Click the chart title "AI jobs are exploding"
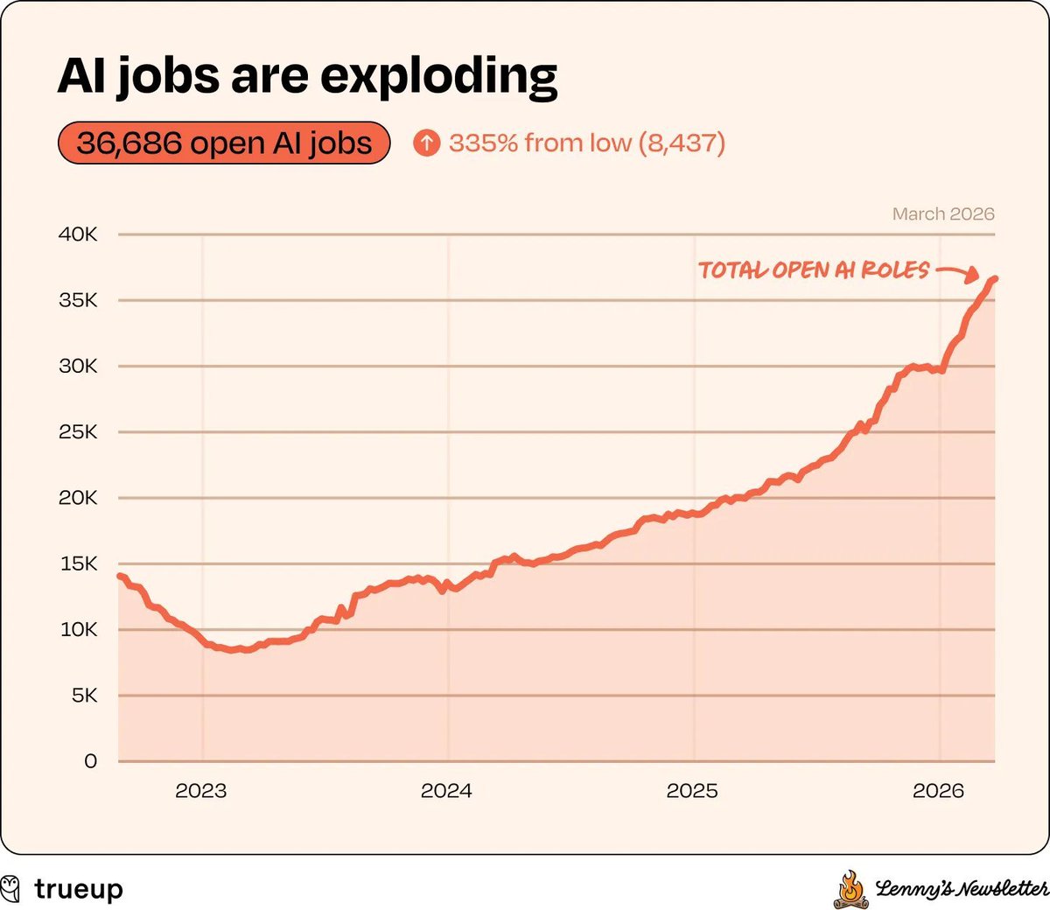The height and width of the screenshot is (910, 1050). pyautogui.click(x=307, y=76)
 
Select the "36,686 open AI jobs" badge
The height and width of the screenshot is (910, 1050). pyautogui.click(x=224, y=143)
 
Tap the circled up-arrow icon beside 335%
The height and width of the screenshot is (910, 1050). pyautogui.click(x=426, y=143)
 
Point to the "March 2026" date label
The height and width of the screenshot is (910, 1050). pyautogui.click(x=943, y=214)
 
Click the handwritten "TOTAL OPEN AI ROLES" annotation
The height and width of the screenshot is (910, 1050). pyautogui.click(x=814, y=269)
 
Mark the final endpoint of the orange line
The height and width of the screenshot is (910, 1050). pyautogui.click(x=994, y=279)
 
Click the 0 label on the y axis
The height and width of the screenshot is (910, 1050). pyautogui.click(x=90, y=761)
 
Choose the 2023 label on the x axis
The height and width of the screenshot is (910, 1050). pyautogui.click(x=201, y=791)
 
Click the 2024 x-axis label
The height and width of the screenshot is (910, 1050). pyautogui.click(x=446, y=791)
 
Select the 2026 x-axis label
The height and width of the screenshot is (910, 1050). pyautogui.click(x=938, y=791)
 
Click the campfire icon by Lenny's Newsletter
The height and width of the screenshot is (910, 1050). pyautogui.click(x=849, y=890)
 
